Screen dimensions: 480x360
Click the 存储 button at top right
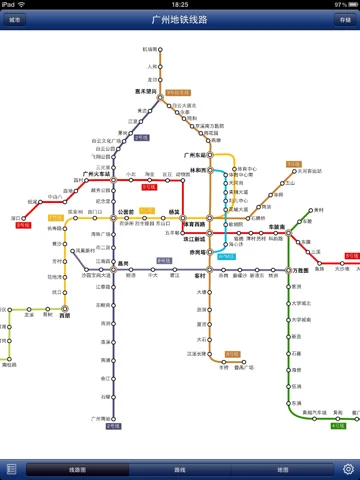(x=344, y=19)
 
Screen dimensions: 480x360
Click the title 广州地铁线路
(x=180, y=19)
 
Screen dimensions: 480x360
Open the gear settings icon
(x=348, y=469)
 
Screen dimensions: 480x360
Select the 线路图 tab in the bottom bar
(x=77, y=469)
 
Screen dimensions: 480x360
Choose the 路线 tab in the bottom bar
(x=180, y=469)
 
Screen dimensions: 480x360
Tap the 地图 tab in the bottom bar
(x=282, y=469)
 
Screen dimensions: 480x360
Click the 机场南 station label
(x=152, y=48)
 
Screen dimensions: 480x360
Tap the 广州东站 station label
(x=196, y=156)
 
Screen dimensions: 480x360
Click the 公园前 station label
(x=126, y=212)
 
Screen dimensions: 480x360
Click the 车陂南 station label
(x=279, y=227)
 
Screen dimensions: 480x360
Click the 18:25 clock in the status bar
(x=180, y=4)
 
